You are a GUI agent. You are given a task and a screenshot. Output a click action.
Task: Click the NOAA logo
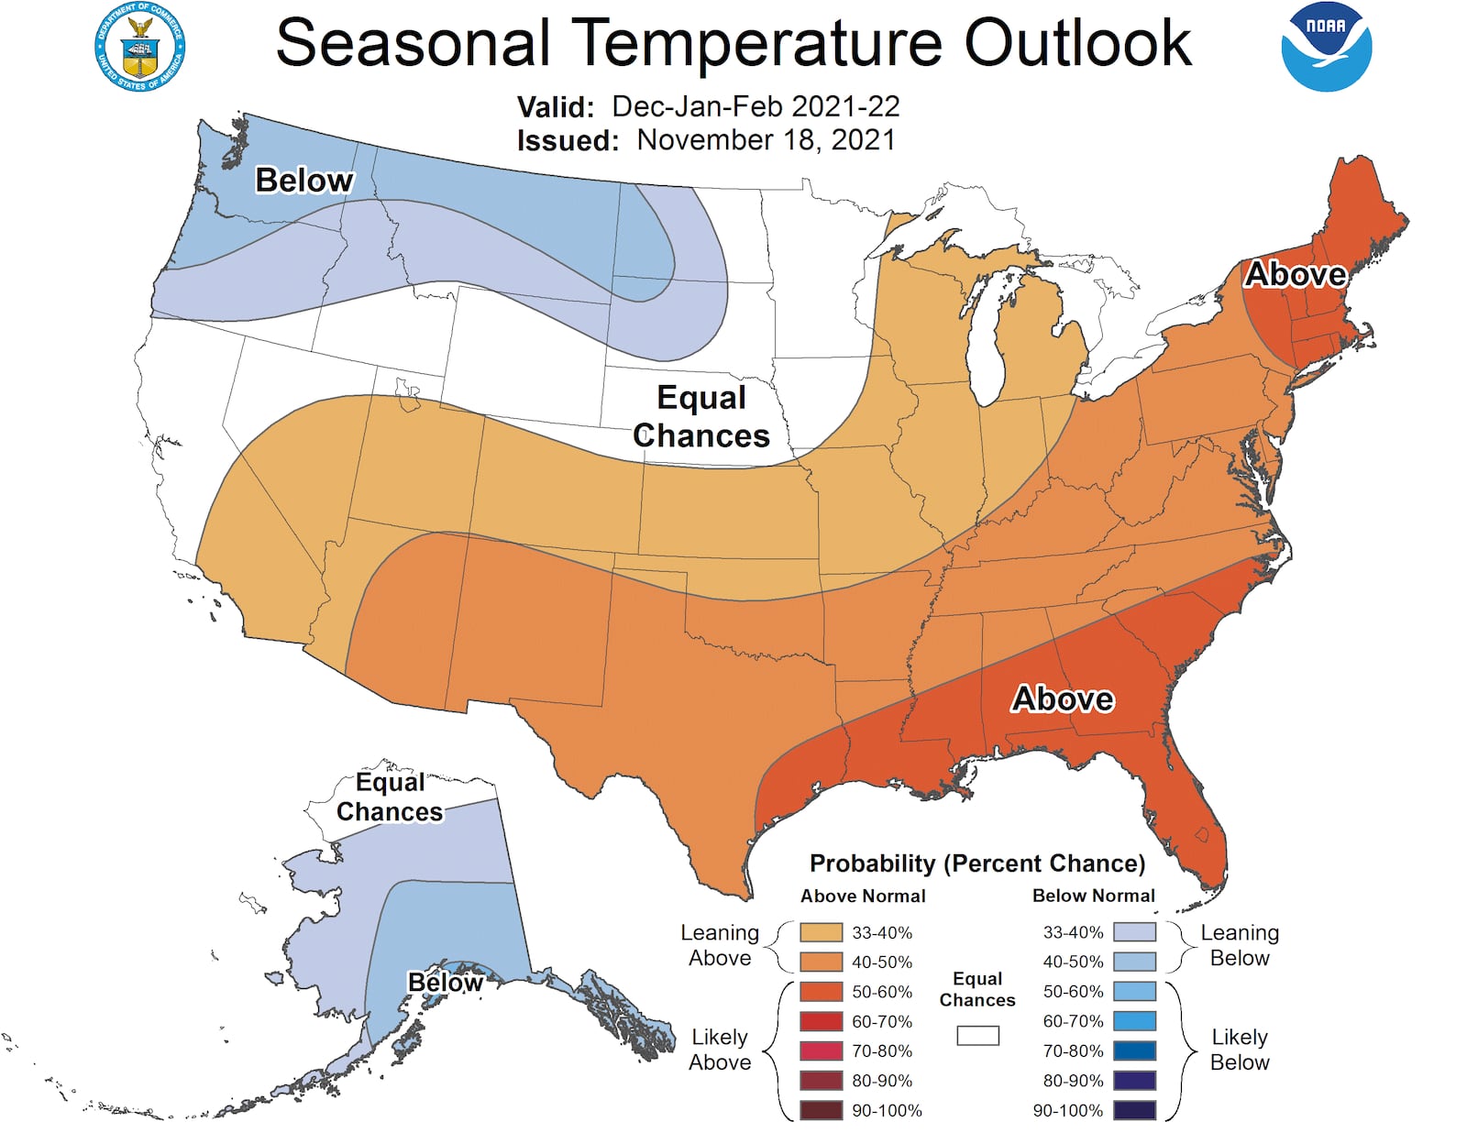[x=1326, y=47]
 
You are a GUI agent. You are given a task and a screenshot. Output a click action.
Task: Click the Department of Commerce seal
[x=139, y=47]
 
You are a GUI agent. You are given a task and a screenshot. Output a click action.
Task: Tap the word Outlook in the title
[x=1077, y=43]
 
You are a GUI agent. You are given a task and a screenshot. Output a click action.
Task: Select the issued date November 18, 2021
[x=766, y=140]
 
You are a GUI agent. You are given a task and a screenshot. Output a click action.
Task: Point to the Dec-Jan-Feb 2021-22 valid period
[x=756, y=106]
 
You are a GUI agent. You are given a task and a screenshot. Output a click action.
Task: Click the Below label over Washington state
[x=303, y=181]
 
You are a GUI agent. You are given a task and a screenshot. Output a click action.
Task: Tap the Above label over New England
[x=1295, y=274]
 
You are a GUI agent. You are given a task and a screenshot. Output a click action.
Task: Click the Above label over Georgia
[x=1063, y=699]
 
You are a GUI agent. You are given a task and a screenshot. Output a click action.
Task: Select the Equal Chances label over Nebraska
[x=701, y=416]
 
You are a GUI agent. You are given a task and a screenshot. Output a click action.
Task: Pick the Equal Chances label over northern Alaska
[x=390, y=797]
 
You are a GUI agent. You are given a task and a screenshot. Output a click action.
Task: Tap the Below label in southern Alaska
[x=446, y=983]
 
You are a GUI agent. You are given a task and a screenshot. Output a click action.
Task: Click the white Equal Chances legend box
[x=977, y=1036]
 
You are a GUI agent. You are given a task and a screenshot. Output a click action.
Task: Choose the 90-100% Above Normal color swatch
[x=821, y=1110]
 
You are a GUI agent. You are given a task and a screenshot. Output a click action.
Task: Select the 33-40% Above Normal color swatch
[x=821, y=932]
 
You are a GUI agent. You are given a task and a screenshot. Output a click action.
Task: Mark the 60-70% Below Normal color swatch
[x=1134, y=1021]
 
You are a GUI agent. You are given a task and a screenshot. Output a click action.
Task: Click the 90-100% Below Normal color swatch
[x=1134, y=1110]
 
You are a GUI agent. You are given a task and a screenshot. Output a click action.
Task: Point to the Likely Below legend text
[x=1240, y=1050]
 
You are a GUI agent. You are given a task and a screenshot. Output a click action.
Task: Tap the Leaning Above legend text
[x=720, y=945]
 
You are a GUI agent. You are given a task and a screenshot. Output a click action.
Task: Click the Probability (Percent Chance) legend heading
[x=977, y=863]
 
